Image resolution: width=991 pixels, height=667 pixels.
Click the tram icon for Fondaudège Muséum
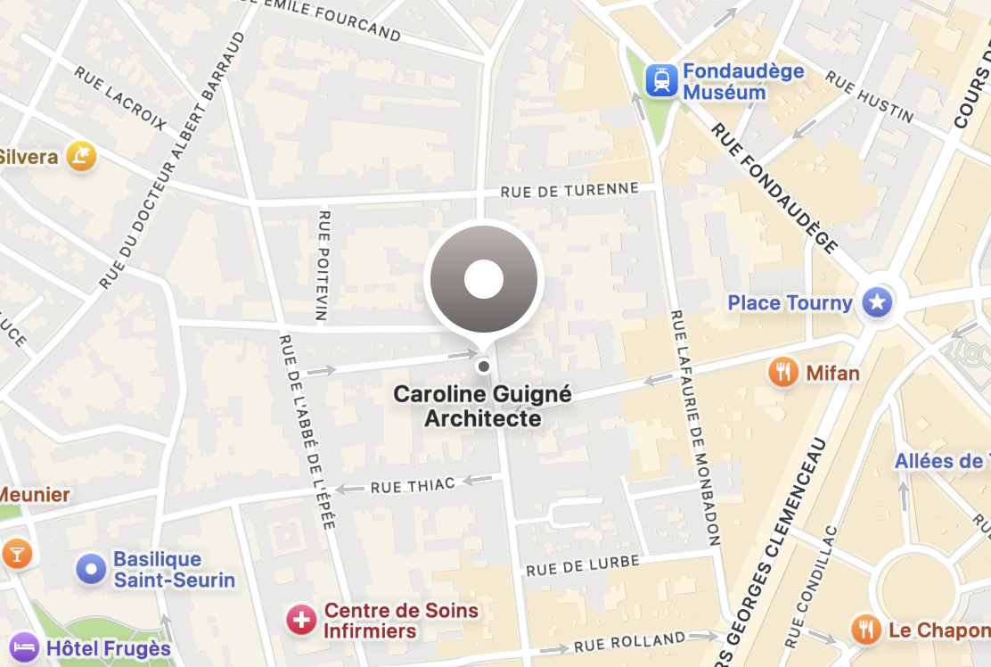(x=661, y=81)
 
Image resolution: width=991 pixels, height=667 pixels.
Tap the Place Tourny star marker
(x=878, y=302)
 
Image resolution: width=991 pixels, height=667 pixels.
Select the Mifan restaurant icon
(x=782, y=372)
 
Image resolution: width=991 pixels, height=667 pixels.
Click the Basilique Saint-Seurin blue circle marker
(x=91, y=569)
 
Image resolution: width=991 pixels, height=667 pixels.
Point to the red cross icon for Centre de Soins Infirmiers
(x=301, y=620)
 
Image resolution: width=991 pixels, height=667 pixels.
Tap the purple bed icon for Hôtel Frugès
(x=23, y=646)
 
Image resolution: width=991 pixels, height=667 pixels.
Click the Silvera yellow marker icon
(x=81, y=157)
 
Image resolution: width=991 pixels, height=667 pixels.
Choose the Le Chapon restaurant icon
(x=865, y=630)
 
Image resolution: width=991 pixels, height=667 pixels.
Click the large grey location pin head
(x=484, y=279)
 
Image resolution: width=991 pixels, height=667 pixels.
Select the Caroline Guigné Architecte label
(x=483, y=406)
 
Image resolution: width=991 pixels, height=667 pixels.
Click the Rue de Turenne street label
(x=569, y=190)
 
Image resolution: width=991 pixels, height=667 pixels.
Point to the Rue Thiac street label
(x=413, y=485)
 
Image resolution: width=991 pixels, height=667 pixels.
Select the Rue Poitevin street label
(x=323, y=265)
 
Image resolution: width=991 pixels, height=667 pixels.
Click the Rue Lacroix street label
(x=119, y=98)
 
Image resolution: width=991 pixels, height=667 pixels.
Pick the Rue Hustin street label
(x=869, y=96)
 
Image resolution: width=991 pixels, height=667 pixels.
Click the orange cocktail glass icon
(x=16, y=554)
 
